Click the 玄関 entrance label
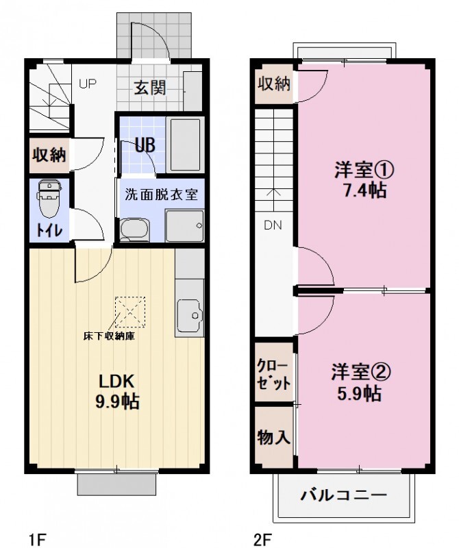(x=149, y=88)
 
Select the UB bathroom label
(x=144, y=145)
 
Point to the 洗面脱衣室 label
(x=161, y=194)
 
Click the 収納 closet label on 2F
(x=274, y=84)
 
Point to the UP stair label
(x=87, y=84)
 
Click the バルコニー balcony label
(x=344, y=495)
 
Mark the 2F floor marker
(x=262, y=537)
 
